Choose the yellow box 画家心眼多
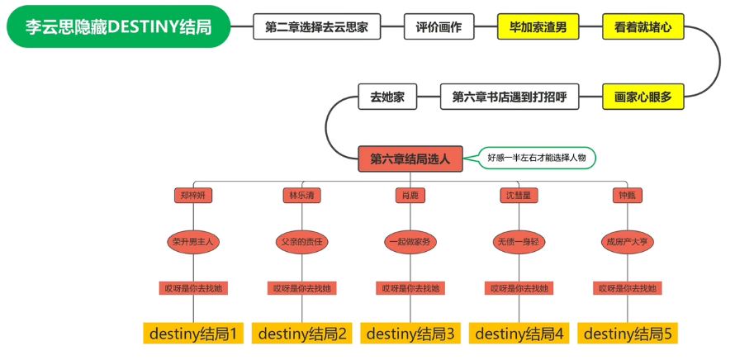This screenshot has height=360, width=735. tap(643, 97)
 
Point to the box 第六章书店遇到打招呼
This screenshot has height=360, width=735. tap(510, 97)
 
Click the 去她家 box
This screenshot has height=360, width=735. tap(386, 97)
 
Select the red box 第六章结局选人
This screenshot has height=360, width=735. tap(410, 159)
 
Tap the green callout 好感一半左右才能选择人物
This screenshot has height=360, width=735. tap(541, 158)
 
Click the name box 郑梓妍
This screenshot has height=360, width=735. tap(192, 196)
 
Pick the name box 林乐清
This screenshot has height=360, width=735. tap(301, 196)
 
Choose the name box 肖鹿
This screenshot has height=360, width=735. tap(410, 196)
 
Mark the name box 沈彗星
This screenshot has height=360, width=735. tap(518, 196)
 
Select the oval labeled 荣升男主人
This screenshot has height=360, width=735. tap(192, 242)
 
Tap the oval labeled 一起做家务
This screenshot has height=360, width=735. tap(410, 242)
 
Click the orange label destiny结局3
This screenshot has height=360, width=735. tap(410, 334)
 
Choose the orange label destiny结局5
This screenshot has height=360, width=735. tap(627, 334)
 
